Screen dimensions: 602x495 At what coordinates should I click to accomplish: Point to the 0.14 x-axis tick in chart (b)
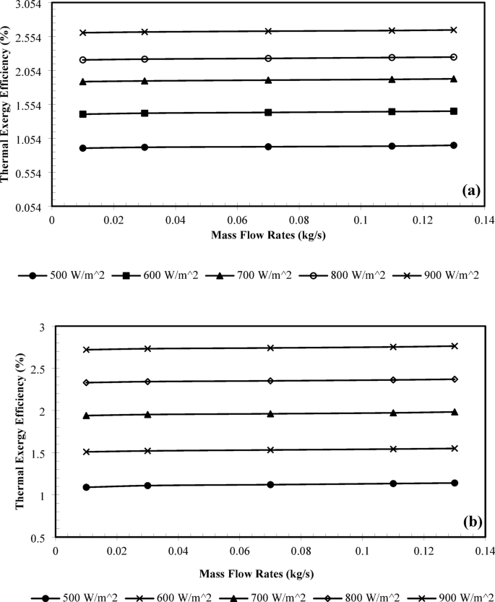point(486,551)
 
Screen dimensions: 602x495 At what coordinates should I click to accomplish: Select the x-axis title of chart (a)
point(262,236)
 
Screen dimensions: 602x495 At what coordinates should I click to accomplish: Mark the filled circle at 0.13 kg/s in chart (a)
point(454,145)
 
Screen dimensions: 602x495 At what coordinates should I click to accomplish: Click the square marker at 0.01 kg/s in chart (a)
point(83,114)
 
